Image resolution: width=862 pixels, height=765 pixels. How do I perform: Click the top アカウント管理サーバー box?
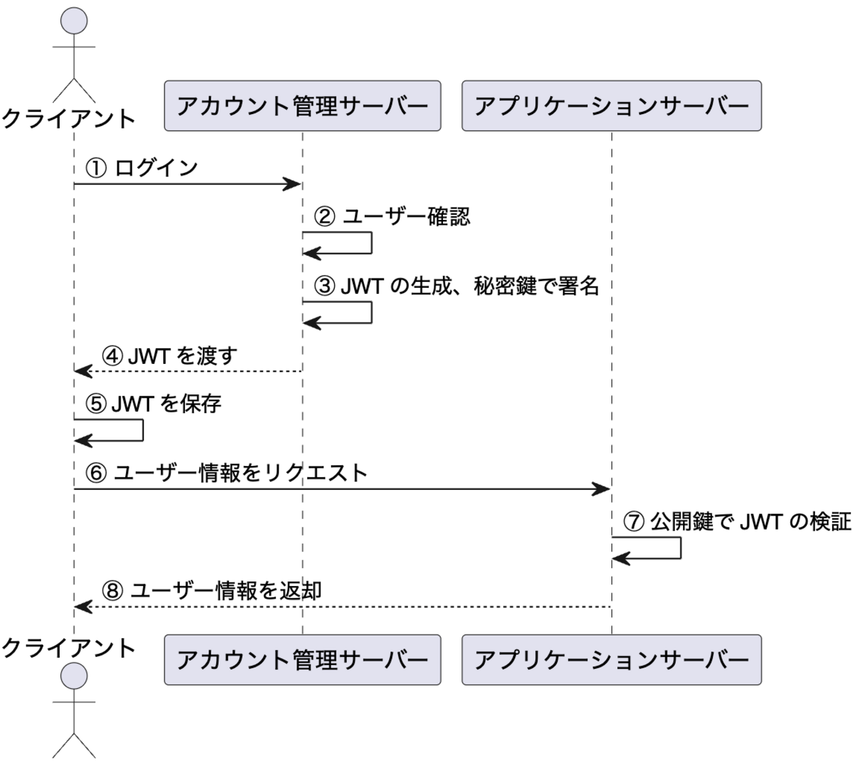(302, 106)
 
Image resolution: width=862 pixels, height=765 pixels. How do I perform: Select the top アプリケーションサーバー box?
(611, 106)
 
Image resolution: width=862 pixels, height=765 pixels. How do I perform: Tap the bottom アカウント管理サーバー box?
(302, 660)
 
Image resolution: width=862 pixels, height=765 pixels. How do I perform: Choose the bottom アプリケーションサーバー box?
(611, 660)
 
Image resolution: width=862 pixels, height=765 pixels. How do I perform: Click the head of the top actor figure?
(74, 21)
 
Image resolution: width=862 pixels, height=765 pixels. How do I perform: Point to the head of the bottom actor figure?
(74, 676)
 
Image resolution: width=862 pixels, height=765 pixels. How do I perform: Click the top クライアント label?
(69, 119)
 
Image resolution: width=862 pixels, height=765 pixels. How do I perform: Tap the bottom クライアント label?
(69, 648)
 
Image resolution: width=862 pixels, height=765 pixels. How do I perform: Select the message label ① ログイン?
(142, 168)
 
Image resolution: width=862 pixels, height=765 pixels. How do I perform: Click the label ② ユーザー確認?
(392, 217)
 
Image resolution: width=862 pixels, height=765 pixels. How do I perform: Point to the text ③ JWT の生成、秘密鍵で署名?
(457, 286)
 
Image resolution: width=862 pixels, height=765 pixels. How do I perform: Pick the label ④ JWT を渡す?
(170, 356)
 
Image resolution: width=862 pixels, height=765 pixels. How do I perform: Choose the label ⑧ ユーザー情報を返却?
(212, 590)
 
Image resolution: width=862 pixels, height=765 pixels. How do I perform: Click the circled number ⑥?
(97, 473)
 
